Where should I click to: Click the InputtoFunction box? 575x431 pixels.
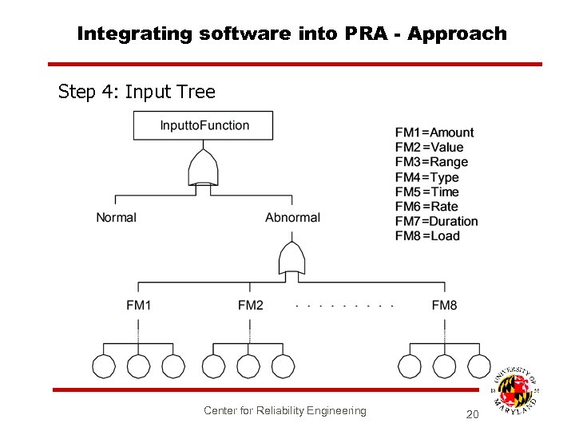204,125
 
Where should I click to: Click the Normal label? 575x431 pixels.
116,217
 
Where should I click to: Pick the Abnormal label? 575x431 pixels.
292,217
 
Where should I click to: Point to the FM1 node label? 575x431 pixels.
138,305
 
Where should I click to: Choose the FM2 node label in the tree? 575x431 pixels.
250,305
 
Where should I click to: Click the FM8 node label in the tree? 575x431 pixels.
444,305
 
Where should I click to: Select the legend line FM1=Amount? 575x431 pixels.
434,132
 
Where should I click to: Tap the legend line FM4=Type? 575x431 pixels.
427,177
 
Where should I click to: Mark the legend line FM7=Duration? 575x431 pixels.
437,221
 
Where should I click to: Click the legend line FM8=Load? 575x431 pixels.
428,235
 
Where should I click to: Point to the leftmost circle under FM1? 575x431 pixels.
104,366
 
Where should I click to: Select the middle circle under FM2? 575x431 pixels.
249,366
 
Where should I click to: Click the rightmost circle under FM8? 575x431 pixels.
479,366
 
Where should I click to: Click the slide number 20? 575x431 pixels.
472,414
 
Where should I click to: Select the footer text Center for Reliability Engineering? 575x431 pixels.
285,410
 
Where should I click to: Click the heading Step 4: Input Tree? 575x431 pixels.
137,92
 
